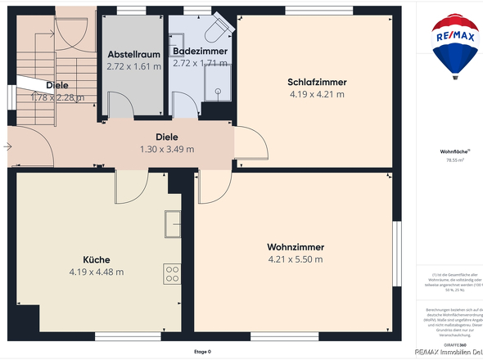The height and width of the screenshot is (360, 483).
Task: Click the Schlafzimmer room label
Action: pyautogui.click(x=317, y=82)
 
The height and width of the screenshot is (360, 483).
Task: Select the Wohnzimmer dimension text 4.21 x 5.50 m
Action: pyautogui.click(x=296, y=260)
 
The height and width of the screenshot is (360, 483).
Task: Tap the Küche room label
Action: pyautogui.click(x=97, y=259)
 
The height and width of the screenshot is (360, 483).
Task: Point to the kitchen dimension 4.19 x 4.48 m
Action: pyautogui.click(x=97, y=272)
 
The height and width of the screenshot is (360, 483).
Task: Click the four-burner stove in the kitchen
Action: pyautogui.click(x=172, y=272)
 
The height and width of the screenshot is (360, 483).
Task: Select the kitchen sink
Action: pyautogui.click(x=172, y=223)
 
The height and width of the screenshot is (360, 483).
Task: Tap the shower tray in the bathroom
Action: pyautogui.click(x=219, y=82)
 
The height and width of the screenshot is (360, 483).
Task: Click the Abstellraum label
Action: pyautogui.click(x=133, y=54)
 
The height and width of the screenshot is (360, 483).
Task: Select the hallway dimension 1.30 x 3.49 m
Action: pyautogui.click(x=167, y=149)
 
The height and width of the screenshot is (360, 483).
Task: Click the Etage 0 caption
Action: pyautogui.click(x=202, y=352)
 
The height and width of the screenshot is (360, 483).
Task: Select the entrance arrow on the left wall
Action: pyautogui.click(x=7, y=147)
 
